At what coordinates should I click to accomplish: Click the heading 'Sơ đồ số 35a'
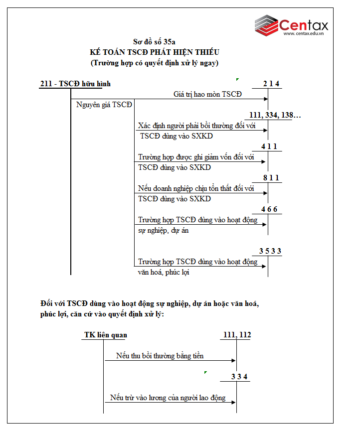(155, 42)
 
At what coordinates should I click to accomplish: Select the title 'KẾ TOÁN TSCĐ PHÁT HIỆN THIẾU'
(155, 52)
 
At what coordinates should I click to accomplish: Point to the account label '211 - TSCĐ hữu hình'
(75, 84)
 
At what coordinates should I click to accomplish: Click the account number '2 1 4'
(271, 84)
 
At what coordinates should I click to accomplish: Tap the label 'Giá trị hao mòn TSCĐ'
(207, 94)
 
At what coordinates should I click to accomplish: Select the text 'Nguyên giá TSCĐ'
(104, 105)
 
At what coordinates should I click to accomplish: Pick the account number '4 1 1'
(269, 146)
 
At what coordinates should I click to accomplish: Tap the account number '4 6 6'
(269, 209)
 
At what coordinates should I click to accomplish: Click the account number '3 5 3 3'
(270, 251)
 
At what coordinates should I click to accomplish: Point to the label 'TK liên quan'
(105, 335)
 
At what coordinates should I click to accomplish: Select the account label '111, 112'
(235, 335)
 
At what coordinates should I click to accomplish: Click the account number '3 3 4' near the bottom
(239, 377)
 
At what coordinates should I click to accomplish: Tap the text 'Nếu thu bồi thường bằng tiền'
(160, 356)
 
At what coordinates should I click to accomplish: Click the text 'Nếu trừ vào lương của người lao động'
(168, 398)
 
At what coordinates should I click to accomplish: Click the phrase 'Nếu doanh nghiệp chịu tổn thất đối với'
(196, 188)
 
